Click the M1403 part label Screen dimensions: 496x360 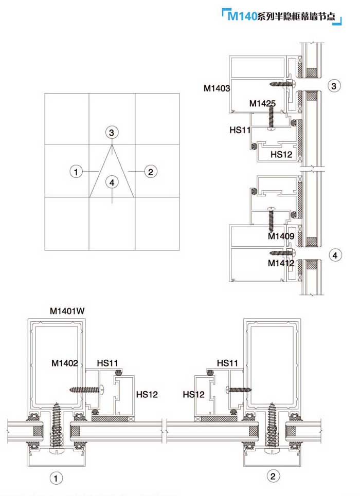(x=217, y=88)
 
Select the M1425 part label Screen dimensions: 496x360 (x=262, y=103)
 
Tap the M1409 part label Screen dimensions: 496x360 (x=281, y=236)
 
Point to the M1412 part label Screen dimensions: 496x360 (x=281, y=263)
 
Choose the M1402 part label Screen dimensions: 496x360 (x=65, y=363)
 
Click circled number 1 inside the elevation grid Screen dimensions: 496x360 (x=76, y=171)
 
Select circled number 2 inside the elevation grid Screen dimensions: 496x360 (x=150, y=171)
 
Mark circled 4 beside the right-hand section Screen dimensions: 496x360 (x=334, y=255)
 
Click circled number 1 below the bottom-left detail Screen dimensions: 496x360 (x=56, y=479)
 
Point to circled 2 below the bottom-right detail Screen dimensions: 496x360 (x=275, y=476)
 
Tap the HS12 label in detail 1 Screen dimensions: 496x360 (x=147, y=395)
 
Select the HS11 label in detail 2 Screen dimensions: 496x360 (x=227, y=363)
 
